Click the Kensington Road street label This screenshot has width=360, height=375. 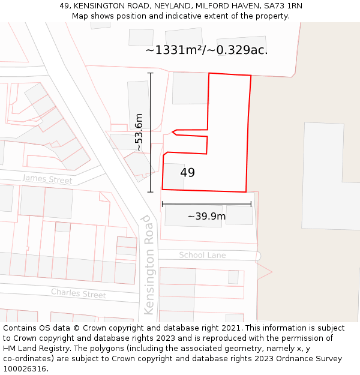(149, 265)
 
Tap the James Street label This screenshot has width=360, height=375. (47, 179)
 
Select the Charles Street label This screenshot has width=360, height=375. (78, 294)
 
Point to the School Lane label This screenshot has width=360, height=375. (202, 255)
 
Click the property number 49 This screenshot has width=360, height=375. (187, 173)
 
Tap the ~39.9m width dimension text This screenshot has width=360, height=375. (206, 217)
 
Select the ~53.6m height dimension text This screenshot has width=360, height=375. (139, 132)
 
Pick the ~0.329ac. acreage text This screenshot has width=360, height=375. (238, 50)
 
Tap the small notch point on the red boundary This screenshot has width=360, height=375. (173, 131)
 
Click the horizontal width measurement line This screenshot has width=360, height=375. (206, 204)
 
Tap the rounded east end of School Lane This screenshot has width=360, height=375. (257, 256)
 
